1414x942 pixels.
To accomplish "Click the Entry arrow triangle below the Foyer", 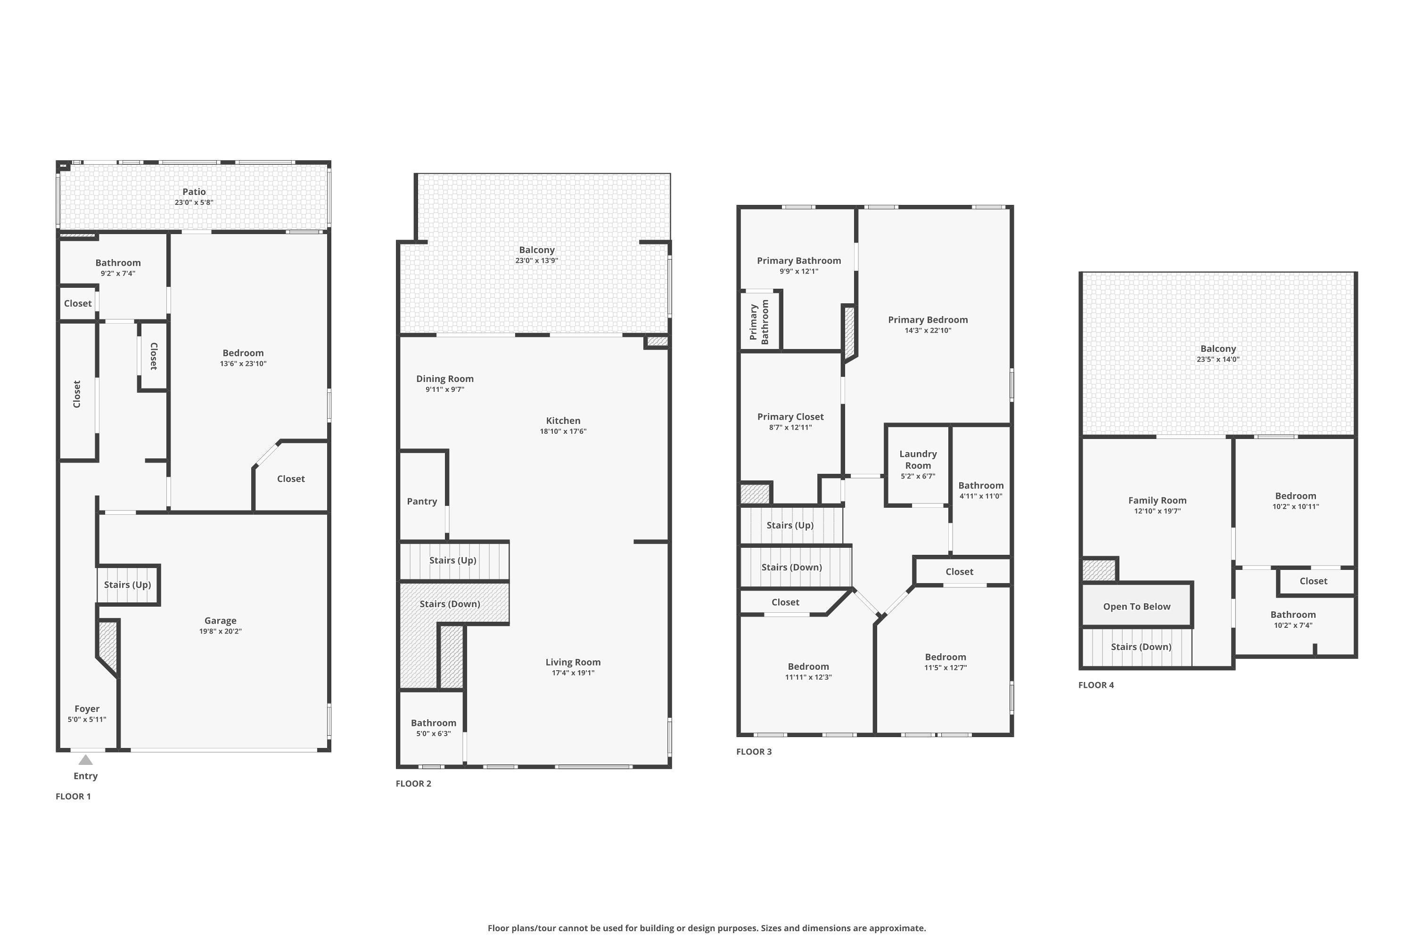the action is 86,760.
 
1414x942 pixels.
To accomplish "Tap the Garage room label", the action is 220,621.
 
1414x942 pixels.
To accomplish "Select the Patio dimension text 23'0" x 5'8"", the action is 194,203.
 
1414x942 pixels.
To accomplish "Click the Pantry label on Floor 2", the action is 422,501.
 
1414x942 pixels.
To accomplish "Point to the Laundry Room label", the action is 918,460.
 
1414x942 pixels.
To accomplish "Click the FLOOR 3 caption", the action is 754,752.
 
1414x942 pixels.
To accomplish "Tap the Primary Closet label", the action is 790,417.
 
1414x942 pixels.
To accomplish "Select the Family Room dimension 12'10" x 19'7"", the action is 1157,511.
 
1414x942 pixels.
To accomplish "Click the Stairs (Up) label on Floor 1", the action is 127,585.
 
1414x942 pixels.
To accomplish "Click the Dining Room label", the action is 445,379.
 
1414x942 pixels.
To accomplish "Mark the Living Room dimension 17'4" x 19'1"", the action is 573,673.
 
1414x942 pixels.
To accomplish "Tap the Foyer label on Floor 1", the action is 87,709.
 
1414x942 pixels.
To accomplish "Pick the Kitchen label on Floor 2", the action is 563,421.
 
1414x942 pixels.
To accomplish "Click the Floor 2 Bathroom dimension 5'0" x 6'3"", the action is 434,733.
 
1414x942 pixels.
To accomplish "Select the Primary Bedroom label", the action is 928,320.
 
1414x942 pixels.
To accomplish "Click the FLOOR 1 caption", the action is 74,796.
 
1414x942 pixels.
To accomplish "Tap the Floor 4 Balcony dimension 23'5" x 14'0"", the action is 1218,359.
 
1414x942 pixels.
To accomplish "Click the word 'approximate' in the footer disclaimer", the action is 897,928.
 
